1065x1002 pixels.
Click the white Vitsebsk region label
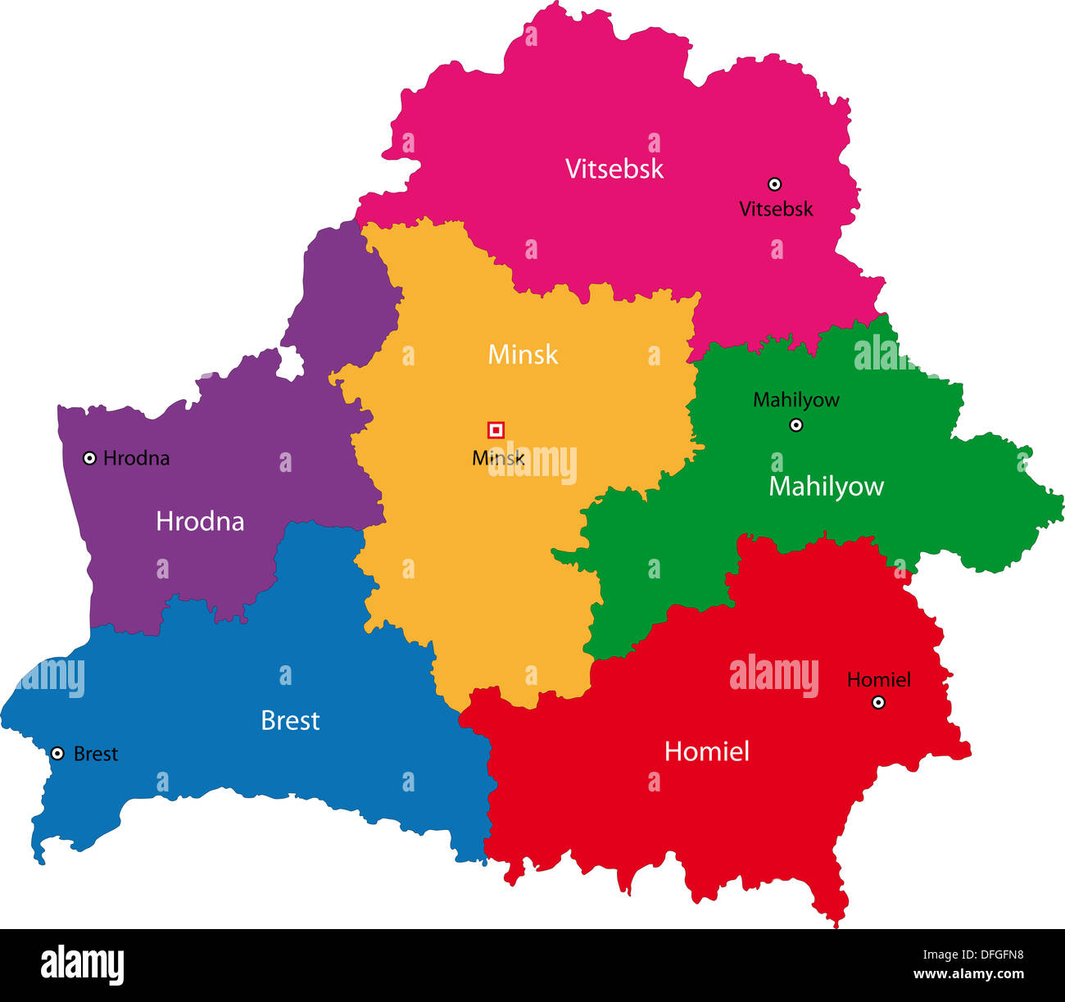point(614,169)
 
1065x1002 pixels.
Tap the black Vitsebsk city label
point(776,209)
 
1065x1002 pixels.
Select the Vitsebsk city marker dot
point(774,184)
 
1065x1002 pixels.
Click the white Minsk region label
point(523,355)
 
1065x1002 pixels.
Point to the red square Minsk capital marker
point(496,430)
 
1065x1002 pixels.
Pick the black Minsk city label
point(498,458)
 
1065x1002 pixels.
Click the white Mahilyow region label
point(826,487)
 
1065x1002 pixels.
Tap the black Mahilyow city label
point(795,400)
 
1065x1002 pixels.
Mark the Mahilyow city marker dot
point(795,424)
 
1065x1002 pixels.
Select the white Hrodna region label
point(200,522)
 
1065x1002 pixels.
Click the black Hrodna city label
point(136,458)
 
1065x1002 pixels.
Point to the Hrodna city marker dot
point(89,458)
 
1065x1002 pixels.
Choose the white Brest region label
point(290,721)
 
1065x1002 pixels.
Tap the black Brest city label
point(96,754)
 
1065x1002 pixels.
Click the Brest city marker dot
point(57,753)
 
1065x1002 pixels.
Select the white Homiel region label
point(706,752)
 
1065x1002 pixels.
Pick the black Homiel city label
point(878,679)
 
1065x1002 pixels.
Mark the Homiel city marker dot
point(878,702)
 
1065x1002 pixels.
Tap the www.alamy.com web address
point(968,974)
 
